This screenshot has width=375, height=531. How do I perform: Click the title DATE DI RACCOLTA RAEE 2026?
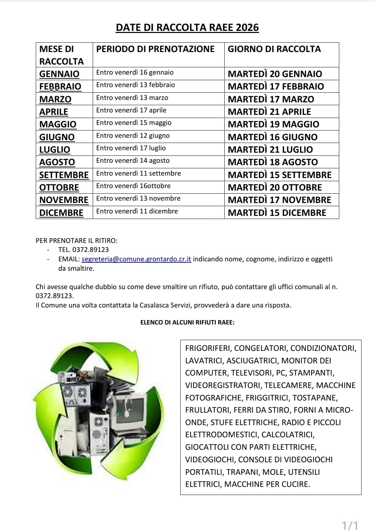coord(187,27)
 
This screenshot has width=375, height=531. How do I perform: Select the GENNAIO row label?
coord(59,74)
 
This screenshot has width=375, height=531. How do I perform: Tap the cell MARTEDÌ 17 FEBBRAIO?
coord(276,86)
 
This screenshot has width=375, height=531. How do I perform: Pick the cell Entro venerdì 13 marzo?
coord(132,98)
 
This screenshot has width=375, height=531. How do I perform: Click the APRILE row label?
coord(54,112)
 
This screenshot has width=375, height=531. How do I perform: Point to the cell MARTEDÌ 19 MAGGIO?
coord(273,124)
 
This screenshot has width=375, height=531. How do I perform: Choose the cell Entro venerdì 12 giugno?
coord(133,136)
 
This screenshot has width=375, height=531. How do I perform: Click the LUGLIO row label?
coord(55,150)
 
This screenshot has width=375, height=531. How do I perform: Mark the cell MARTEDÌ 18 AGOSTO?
coord(273,162)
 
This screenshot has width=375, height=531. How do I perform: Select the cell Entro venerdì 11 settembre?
coord(139,173)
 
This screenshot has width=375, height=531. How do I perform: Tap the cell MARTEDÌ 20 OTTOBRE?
coord(275,187)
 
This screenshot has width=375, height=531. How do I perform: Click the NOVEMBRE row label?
coord(64,200)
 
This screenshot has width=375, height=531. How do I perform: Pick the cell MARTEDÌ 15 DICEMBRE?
coord(277,213)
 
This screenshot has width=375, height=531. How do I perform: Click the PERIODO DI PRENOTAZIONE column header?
coord(155,49)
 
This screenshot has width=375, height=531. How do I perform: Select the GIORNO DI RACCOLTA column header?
coord(274,49)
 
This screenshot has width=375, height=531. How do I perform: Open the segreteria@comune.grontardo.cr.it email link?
coord(136,259)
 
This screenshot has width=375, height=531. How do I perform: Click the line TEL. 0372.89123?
coord(83,250)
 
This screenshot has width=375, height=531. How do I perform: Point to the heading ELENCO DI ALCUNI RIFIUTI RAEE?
coord(187,322)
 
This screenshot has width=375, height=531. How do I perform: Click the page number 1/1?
coord(350,524)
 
